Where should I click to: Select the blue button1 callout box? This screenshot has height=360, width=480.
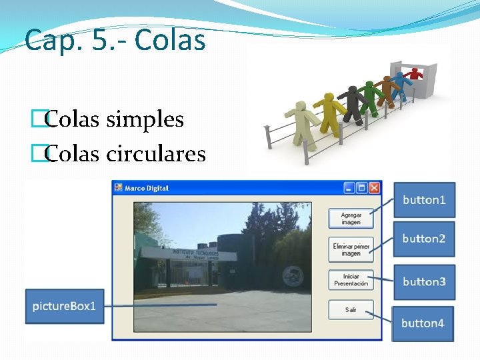pos(424,200)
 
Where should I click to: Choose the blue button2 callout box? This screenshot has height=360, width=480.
pos(424,239)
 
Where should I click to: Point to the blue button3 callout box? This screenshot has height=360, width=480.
pos(424,281)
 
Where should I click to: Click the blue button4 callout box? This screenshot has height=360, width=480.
pos(423,323)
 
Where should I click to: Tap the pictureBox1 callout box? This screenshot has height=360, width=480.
pos(65,306)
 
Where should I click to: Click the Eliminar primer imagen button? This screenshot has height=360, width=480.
pos(351,250)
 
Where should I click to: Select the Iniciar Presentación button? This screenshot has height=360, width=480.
pos(351,280)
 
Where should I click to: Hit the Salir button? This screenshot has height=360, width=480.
pos(351,310)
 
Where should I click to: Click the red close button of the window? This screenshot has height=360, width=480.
pos(375,188)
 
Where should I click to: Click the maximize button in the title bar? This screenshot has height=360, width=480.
pos(362,188)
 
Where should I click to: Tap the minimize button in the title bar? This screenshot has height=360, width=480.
pos(349,188)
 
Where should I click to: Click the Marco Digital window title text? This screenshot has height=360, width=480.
pos(147,188)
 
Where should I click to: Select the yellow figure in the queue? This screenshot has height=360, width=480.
pos(327,110)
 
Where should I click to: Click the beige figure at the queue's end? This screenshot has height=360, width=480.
pos(302,123)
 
